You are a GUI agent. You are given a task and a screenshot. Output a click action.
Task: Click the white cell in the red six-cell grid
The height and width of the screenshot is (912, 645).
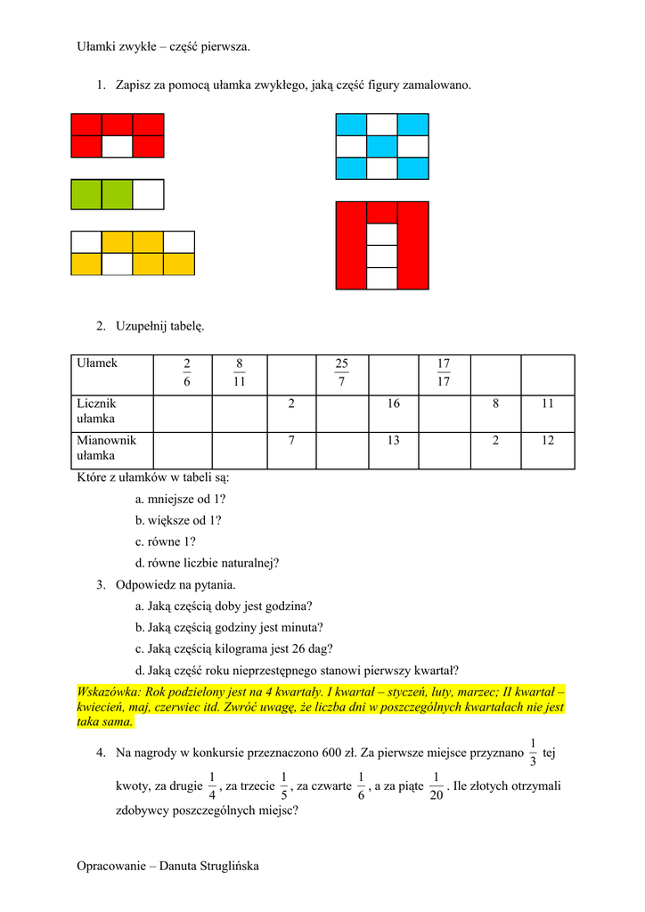(118, 146)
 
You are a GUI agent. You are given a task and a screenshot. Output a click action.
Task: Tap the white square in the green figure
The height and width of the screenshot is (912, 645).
(148, 194)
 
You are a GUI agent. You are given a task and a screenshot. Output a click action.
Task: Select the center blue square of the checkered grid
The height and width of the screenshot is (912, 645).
(381, 146)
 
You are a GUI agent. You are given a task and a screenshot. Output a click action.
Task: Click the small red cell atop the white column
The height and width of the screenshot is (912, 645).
(381, 212)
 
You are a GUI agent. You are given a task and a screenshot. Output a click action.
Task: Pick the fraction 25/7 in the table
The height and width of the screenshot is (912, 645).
(341, 372)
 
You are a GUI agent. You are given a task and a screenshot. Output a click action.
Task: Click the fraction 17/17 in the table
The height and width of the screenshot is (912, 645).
(444, 372)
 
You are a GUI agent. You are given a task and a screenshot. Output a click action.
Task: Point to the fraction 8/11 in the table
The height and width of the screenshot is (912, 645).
(239, 372)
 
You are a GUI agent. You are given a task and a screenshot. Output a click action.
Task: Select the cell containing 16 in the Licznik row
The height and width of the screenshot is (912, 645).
(393, 404)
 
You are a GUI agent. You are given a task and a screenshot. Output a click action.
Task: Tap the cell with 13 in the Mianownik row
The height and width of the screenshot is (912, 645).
(393, 440)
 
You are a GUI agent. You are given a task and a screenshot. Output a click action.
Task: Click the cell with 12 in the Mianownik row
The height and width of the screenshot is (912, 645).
(547, 440)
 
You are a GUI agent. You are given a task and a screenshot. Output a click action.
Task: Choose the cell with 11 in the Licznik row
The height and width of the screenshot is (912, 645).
(547, 404)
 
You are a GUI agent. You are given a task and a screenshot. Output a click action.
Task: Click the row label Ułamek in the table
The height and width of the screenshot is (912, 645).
(97, 363)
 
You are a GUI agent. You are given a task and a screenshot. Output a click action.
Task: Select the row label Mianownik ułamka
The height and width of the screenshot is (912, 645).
(106, 448)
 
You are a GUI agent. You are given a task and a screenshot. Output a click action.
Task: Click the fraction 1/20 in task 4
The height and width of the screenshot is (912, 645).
(436, 785)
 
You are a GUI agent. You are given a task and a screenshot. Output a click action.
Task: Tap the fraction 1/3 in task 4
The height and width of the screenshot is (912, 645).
(532, 752)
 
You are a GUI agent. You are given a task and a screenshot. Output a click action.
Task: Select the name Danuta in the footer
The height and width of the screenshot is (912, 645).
(182, 866)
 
